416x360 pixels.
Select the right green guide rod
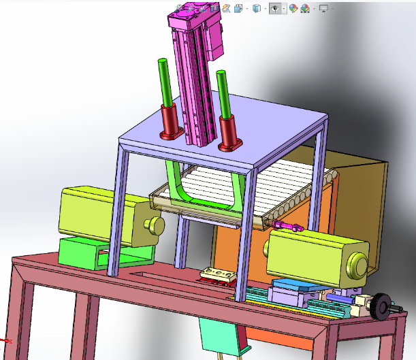222,92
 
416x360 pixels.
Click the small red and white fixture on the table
217,275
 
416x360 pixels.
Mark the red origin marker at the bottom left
5,340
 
